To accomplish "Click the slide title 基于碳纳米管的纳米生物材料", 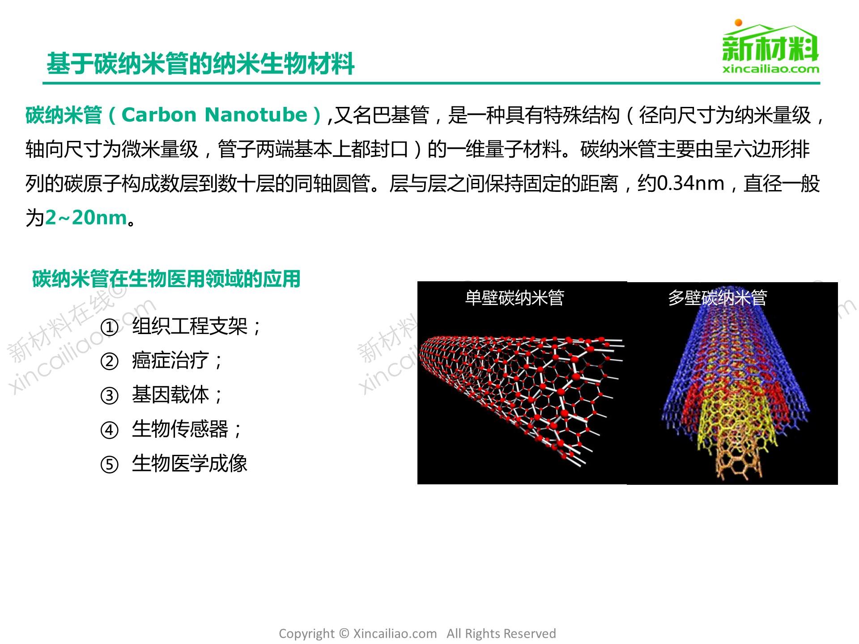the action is [200, 64].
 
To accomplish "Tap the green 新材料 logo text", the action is [770, 48].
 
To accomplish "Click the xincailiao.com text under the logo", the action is [771, 69].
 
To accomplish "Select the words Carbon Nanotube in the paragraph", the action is [215, 115].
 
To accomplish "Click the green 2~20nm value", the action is [86, 218].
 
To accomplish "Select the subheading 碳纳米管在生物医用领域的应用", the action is [166, 279].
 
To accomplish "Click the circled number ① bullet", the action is [110, 327].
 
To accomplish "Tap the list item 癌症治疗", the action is [170, 360].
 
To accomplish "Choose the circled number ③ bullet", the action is [110, 396].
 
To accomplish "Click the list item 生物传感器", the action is [180, 429].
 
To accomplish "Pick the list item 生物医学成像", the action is [190, 463].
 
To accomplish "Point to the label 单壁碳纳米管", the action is [515, 297].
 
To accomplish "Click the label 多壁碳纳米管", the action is [718, 297].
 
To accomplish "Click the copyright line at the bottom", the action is [417, 634].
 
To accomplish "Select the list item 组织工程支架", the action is [190, 326].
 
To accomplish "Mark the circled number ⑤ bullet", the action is [110, 465].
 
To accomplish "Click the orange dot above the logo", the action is [739, 23].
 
